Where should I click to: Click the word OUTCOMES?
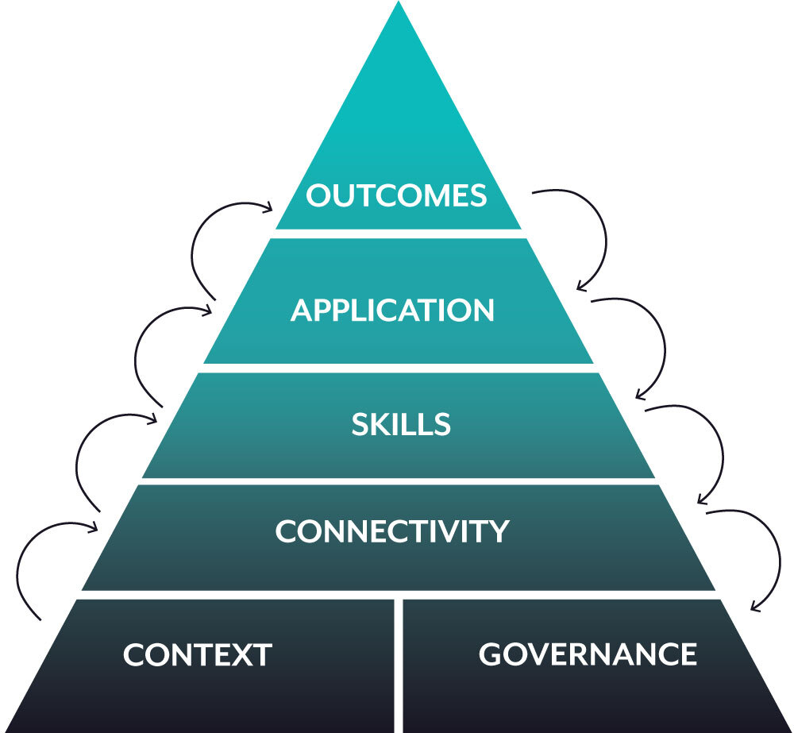pyautogui.click(x=396, y=195)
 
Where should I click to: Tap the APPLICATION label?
pyautogui.click(x=392, y=311)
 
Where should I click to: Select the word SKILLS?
pyautogui.click(x=401, y=425)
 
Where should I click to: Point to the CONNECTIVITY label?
pyautogui.click(x=392, y=531)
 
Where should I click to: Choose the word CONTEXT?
pyautogui.click(x=198, y=655)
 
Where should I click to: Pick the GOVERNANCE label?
pyautogui.click(x=588, y=654)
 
